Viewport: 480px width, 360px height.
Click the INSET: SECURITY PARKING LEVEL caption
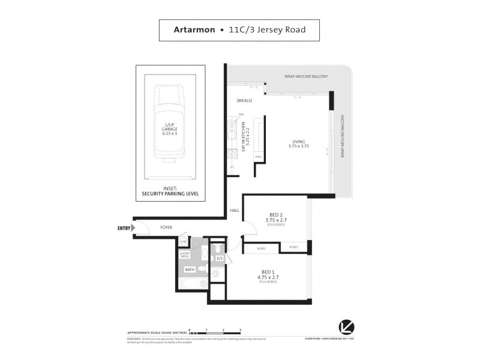170,191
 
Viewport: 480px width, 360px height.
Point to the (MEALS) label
244,100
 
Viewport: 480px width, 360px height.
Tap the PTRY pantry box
259,157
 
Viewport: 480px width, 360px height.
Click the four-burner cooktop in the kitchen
232,154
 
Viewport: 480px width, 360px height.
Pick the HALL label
235,210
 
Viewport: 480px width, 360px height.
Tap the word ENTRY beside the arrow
124,228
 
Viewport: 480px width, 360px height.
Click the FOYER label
166,228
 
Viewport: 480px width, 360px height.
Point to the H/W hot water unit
183,241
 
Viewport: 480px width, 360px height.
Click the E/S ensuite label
220,259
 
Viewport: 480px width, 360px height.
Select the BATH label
189,270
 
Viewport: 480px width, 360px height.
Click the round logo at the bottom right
346,328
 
